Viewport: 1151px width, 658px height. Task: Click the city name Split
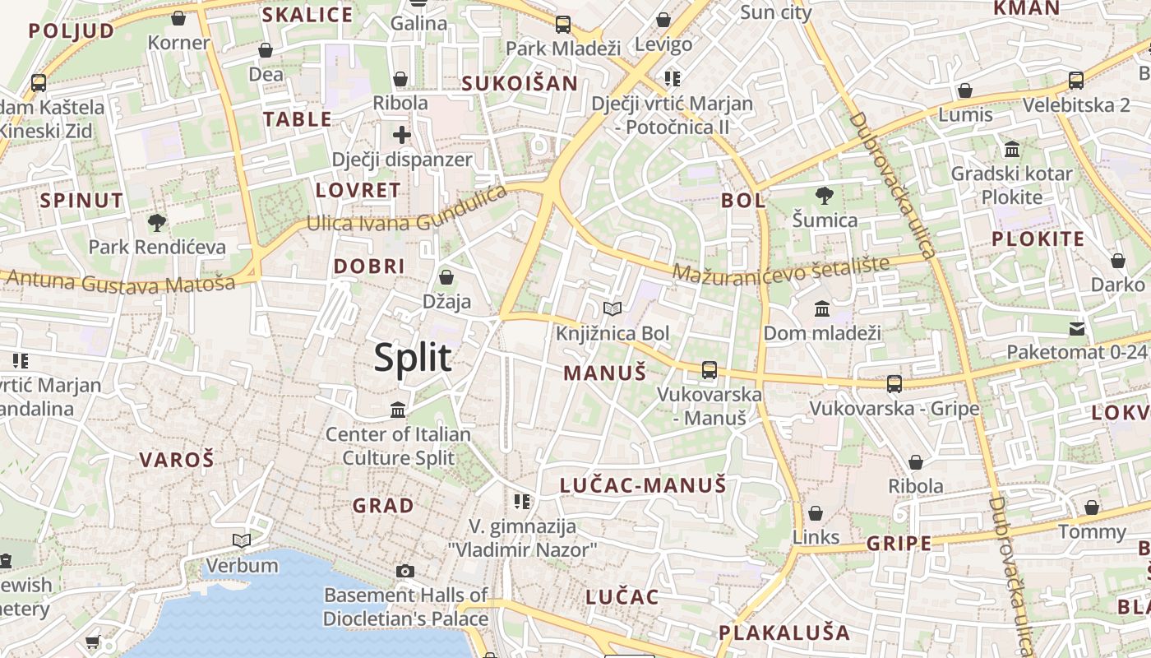point(413,358)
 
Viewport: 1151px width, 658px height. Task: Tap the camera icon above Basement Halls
point(404,571)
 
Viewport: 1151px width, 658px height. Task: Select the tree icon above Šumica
point(824,196)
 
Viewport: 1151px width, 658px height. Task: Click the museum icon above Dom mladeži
point(821,309)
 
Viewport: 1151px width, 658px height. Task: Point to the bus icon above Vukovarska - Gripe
point(894,384)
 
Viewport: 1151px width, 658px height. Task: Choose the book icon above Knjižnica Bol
point(612,309)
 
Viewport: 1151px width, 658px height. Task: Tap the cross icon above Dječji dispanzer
point(401,135)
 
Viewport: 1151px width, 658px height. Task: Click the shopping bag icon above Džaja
point(446,277)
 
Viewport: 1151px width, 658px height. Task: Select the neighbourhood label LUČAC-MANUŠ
point(643,485)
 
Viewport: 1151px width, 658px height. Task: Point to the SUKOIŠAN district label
point(520,83)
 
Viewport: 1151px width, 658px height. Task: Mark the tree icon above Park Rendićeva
point(156,222)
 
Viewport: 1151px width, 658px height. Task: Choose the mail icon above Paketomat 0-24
point(1076,329)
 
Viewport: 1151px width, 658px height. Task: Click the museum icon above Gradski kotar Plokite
point(1011,150)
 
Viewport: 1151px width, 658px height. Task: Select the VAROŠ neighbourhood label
point(176,460)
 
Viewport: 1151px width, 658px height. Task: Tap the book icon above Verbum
point(242,540)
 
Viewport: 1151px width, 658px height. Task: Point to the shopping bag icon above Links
point(816,514)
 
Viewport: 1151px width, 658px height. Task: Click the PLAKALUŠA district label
point(784,633)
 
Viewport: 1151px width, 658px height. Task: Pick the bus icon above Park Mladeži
point(562,25)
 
